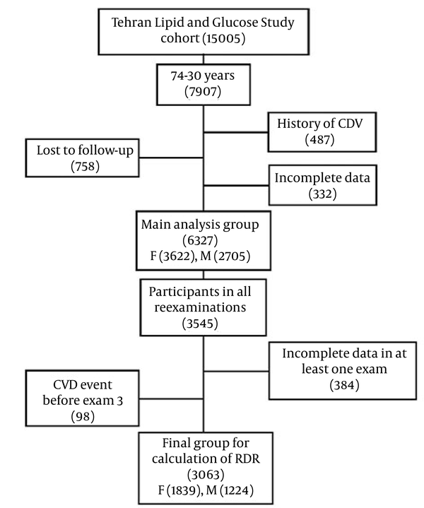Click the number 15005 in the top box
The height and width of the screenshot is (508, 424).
[x=224, y=39]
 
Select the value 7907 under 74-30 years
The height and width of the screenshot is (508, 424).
[x=203, y=92]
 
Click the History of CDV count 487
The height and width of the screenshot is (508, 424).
[x=319, y=140]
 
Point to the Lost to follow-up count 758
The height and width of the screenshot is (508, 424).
[x=85, y=167]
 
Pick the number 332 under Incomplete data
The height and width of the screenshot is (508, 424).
[x=322, y=194]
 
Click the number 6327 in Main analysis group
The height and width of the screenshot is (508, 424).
[x=200, y=241]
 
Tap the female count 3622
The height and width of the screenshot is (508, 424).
[x=177, y=256]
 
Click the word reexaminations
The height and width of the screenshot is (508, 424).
[x=200, y=307]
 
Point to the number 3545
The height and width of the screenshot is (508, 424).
[x=200, y=324]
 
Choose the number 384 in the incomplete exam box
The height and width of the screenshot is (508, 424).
[x=344, y=385]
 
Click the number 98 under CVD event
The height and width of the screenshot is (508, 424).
[x=83, y=416]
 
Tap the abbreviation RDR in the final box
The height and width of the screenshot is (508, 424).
[x=247, y=459]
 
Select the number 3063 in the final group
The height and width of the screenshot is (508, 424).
[x=206, y=475]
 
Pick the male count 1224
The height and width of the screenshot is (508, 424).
[x=237, y=490]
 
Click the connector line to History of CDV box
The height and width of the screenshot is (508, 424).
[x=236, y=132]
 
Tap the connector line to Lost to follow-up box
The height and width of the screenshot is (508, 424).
[x=171, y=158]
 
